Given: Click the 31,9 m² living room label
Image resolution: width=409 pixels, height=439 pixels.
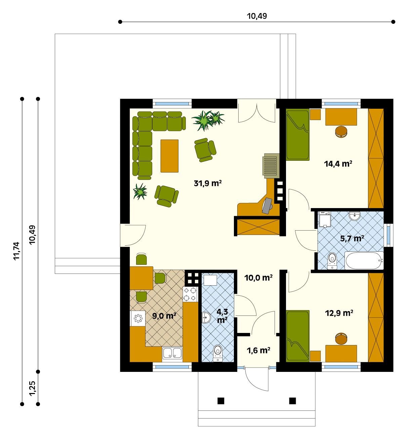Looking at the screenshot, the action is click(207, 183).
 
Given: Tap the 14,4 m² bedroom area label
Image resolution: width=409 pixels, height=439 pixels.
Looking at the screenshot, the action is click(338, 164).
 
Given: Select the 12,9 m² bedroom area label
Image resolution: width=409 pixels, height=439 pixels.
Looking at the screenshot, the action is click(339, 313).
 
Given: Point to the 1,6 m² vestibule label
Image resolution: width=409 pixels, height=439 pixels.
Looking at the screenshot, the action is click(258, 350).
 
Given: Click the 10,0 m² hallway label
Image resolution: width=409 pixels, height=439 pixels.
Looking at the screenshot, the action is click(258, 278).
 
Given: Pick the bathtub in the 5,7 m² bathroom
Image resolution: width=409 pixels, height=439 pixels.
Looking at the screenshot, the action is click(364, 261).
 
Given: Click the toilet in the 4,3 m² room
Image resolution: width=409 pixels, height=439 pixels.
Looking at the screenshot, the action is click(218, 353).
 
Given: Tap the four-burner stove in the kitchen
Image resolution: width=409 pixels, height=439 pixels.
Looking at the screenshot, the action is click(190, 294).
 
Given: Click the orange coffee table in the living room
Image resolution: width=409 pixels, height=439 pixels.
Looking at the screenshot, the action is click(169, 156).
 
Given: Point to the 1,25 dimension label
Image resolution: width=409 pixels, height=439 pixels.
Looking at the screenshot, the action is click(32, 388).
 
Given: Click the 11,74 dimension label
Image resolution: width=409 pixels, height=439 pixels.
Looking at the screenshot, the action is click(16, 251).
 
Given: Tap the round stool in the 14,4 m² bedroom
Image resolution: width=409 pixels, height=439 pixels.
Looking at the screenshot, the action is click(341, 132).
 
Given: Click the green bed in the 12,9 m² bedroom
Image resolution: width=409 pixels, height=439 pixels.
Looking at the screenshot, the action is click(298, 336).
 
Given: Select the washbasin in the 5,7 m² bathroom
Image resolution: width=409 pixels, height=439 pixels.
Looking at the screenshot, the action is click(355, 216).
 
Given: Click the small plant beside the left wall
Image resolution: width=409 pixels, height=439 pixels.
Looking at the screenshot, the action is click(140, 191).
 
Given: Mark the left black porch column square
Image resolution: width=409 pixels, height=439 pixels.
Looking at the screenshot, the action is click(221, 401).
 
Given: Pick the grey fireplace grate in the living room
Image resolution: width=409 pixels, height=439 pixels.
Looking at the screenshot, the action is click(271, 166).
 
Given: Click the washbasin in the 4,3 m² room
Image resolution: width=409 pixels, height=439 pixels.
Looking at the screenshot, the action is click(206, 318).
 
